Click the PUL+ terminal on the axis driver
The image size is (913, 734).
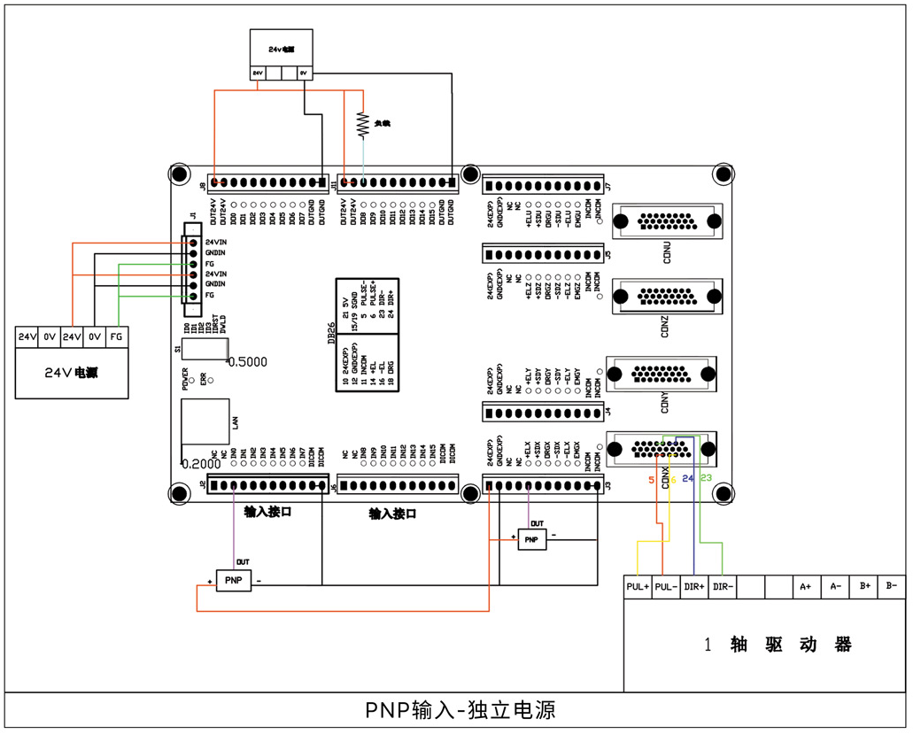click(x=638, y=586)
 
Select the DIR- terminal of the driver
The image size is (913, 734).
click(x=723, y=586)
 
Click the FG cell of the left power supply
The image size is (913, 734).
click(x=116, y=336)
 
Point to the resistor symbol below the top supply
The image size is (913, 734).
click(x=361, y=124)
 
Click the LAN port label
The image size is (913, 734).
click(x=235, y=424)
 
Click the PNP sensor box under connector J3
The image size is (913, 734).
click(x=531, y=539)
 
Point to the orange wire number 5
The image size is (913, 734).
click(x=652, y=480)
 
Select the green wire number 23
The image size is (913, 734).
click(x=706, y=478)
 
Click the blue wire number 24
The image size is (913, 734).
click(x=688, y=479)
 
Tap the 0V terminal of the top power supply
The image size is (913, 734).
click(x=304, y=73)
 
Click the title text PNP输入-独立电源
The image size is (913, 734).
click(x=460, y=711)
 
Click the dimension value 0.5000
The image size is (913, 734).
click(x=247, y=362)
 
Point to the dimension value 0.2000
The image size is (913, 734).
click(x=201, y=463)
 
